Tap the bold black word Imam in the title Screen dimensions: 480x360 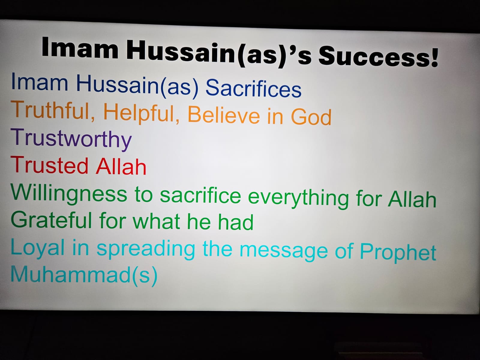pyautogui.click(x=80, y=48)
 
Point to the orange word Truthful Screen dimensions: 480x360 pyautogui.click(x=53, y=110)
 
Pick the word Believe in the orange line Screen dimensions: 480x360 pyautogui.click(x=224, y=115)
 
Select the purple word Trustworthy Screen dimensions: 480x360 pyautogui.click(x=71, y=139)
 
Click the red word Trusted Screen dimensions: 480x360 pyautogui.click(x=49, y=165)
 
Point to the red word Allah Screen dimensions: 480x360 pyautogui.click(x=121, y=166)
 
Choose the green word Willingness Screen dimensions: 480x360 pyautogui.click(x=69, y=194)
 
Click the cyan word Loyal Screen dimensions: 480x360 pyautogui.click(x=37, y=248)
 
